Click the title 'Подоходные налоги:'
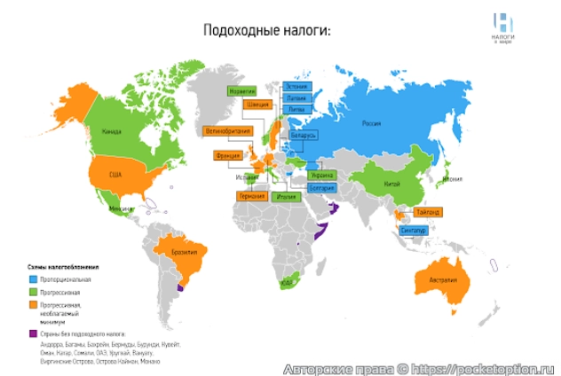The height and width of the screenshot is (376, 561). click(x=266, y=31)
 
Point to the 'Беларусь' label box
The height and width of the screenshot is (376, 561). click(x=304, y=135)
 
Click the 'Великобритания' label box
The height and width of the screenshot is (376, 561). click(x=227, y=130)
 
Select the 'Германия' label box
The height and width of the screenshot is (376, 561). click(x=252, y=195)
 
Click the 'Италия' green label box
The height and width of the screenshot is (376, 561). click(x=286, y=196)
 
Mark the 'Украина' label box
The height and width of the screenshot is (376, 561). click(x=322, y=176)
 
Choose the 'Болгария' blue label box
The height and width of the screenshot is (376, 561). click(x=322, y=187)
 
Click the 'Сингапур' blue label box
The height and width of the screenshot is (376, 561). click(x=414, y=231)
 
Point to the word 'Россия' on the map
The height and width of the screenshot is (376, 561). click(x=371, y=124)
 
